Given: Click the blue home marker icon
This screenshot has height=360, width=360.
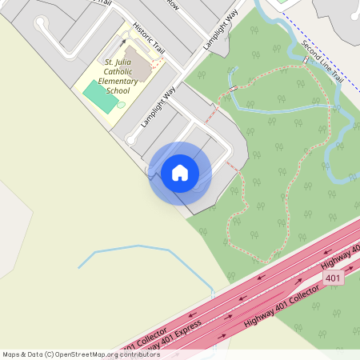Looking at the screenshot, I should [x=180, y=173].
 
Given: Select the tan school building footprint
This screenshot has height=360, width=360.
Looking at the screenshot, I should [x=142, y=67].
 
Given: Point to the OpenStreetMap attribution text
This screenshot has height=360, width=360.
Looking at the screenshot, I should [x=80, y=354].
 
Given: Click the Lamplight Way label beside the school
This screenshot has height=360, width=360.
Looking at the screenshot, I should [x=158, y=106].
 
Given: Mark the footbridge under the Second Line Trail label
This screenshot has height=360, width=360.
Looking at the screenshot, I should [x=306, y=62].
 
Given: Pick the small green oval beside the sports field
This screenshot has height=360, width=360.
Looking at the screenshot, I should [x=122, y=106].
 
